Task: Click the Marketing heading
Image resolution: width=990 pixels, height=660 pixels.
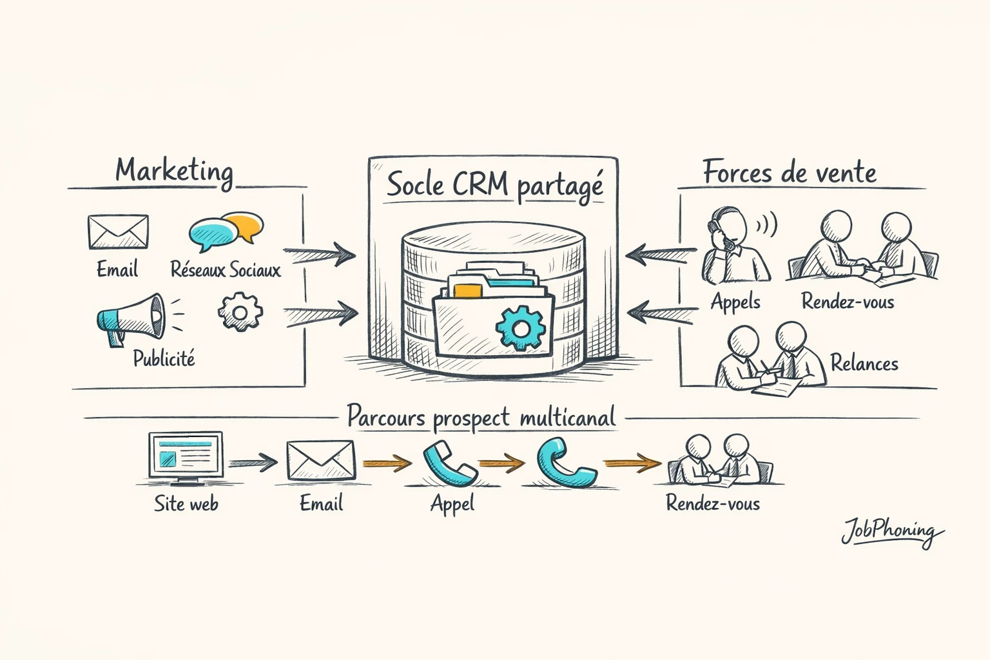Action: (x=174, y=171)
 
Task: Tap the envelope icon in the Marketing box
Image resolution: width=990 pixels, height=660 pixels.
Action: (x=118, y=232)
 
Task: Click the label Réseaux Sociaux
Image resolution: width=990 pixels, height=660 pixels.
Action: (x=226, y=269)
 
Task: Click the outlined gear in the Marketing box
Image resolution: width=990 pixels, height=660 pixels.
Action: (x=240, y=313)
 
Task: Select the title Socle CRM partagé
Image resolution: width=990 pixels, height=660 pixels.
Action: (x=494, y=185)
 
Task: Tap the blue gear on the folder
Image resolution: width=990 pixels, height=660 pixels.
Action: (x=521, y=328)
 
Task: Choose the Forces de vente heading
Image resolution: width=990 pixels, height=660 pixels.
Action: (x=790, y=173)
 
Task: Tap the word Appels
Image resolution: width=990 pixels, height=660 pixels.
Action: (x=735, y=302)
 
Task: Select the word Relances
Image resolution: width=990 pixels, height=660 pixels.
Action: (x=864, y=364)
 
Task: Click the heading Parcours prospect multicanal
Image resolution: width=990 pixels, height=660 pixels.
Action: (x=481, y=417)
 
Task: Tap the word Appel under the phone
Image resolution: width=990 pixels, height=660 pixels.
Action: (x=452, y=503)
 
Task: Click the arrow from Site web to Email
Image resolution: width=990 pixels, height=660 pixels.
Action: (x=253, y=461)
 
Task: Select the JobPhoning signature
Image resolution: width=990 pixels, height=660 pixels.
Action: (x=891, y=532)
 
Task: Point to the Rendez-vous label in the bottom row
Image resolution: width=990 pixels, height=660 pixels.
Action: (x=712, y=503)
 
